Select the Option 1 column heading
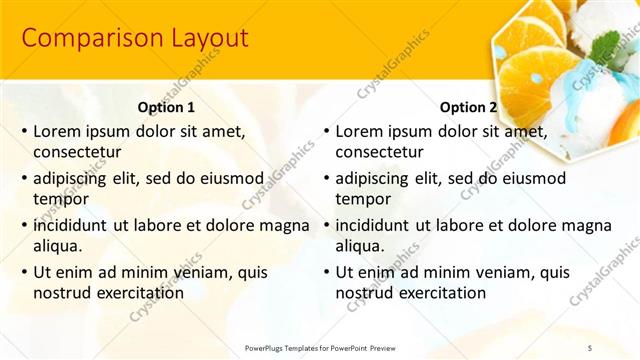165,107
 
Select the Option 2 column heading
467,107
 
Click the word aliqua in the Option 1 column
57,247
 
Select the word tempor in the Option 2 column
360,199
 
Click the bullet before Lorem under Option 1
23,131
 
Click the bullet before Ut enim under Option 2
325,271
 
